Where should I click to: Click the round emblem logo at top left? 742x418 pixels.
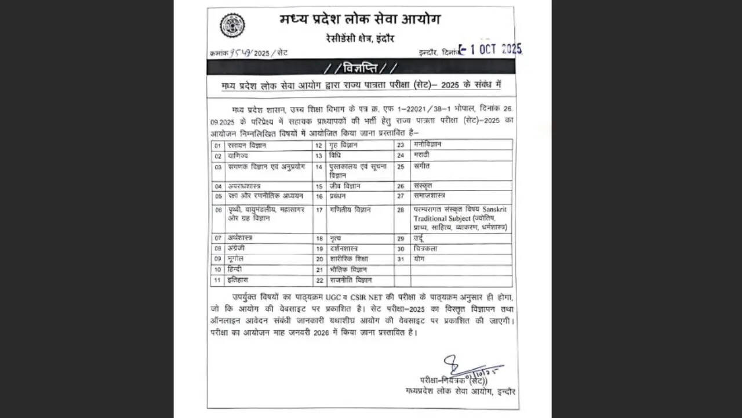point(232,26)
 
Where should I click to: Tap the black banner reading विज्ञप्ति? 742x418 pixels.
point(360,68)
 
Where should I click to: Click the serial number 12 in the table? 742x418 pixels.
point(318,146)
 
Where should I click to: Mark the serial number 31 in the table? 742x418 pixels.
point(400,260)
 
